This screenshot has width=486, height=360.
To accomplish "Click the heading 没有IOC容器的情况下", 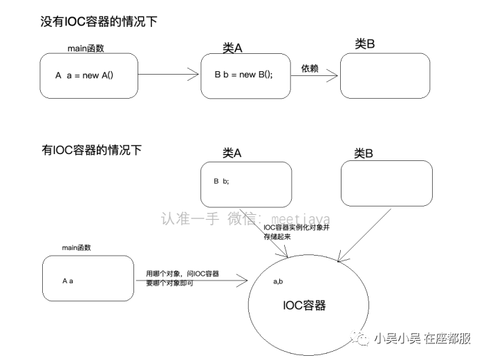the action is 99,21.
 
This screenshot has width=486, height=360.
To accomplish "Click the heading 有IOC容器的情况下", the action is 91,150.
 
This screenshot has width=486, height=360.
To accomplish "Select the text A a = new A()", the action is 84,75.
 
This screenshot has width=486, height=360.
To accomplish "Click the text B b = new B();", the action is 243,75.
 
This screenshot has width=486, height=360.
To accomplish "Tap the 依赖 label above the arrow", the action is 310,68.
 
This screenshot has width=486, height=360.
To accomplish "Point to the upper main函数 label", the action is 86,48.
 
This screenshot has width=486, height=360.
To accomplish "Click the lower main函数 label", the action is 77,247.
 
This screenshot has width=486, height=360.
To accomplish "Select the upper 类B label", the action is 365,44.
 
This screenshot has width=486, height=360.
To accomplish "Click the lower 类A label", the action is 232,153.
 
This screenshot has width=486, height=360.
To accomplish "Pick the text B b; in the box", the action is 221,181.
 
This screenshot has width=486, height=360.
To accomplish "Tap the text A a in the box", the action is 68,281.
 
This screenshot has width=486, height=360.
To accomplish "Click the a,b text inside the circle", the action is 278,281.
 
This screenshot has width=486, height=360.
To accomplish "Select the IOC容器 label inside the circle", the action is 304,305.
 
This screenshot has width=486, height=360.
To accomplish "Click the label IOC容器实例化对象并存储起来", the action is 297,232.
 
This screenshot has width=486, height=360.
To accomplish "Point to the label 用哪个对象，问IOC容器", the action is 183,274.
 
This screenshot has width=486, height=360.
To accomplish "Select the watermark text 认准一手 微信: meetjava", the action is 245,218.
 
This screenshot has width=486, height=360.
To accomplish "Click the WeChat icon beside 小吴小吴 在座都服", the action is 359,337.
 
